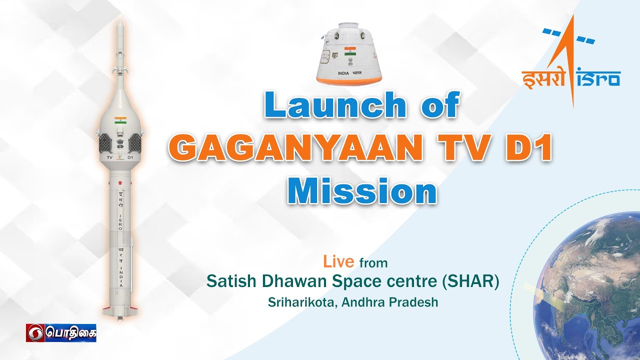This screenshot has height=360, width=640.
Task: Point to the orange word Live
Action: point(338,261)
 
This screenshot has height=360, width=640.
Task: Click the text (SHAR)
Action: point(470,281)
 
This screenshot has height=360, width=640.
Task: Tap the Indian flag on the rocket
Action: point(120,120)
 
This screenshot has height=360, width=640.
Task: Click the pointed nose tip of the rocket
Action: point(119,24)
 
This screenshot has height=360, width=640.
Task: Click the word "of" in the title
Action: point(439,106)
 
